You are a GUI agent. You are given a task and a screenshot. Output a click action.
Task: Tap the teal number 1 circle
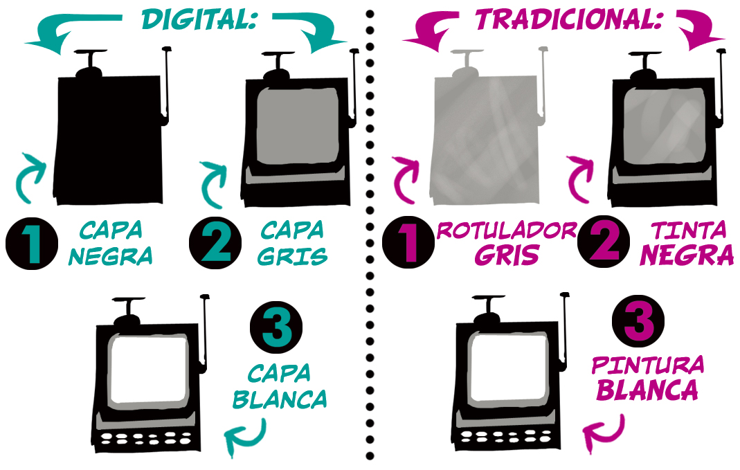32,244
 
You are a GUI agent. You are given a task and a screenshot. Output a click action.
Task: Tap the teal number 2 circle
215,242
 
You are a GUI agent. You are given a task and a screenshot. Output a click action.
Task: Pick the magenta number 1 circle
408,242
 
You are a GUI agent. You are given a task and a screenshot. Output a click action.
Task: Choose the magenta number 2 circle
604,242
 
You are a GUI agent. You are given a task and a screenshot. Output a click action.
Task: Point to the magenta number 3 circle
638,321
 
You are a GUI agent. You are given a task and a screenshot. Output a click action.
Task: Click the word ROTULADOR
507,230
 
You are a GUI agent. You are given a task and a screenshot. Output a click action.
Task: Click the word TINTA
689,231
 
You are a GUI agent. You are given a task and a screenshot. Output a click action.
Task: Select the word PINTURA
648,365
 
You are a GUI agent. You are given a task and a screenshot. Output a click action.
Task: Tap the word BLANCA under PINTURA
647,390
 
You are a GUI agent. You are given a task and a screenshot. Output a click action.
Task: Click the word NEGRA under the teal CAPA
111,255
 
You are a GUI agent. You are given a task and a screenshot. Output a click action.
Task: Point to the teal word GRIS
293,255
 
